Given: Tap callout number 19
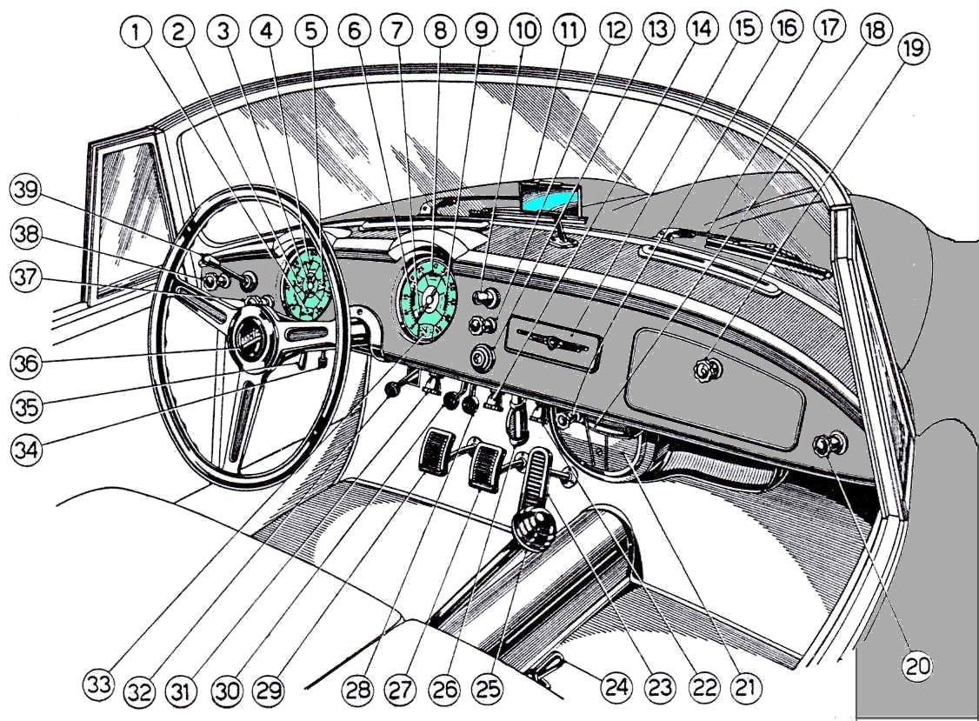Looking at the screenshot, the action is point(914,48).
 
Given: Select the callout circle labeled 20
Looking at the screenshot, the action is point(918,666).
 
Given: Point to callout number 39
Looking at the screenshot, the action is point(25,190).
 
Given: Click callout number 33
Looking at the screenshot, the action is point(98,684).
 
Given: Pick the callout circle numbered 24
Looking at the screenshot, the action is point(616,688).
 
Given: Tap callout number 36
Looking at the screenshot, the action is point(26,363).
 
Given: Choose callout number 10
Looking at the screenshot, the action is point(526,30).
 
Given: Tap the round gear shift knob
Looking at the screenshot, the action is point(533,531).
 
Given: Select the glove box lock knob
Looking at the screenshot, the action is point(708,370).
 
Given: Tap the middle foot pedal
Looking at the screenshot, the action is point(485,467).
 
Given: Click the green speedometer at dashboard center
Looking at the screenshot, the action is point(426,301).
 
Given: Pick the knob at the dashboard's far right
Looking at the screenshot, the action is point(829,444).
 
